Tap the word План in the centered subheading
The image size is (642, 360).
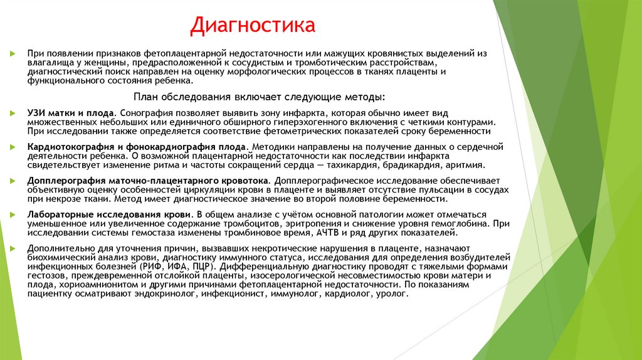(148, 98)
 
